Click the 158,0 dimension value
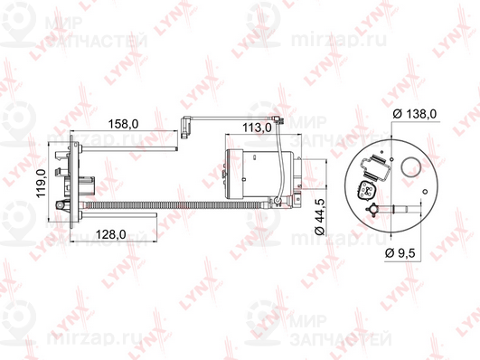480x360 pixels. (x=123, y=124)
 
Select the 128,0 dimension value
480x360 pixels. (x=111, y=234)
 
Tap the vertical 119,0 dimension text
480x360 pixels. (x=41, y=183)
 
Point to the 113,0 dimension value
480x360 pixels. (x=257, y=128)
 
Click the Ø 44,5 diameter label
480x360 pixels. (x=320, y=216)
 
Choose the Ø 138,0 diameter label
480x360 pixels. (x=415, y=114)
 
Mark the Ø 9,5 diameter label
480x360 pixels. (x=400, y=253)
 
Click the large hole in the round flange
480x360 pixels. (x=409, y=167)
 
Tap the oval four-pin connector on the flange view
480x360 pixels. (x=366, y=191)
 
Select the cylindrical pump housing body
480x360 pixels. (x=259, y=174)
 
